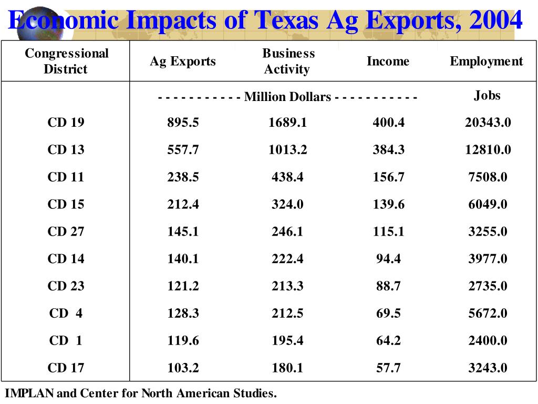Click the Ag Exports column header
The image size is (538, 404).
(182, 62)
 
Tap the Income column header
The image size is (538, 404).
(388, 62)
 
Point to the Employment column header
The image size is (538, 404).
(486, 62)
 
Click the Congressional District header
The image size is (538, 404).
(66, 62)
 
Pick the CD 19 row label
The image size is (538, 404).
(66, 123)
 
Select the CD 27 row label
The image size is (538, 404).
(66, 231)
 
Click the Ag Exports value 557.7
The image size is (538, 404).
(183, 150)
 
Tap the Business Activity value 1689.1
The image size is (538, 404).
(287, 123)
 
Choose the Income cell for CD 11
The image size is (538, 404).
(388, 177)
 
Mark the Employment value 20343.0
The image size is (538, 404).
(488, 123)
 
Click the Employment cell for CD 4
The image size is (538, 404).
(488, 314)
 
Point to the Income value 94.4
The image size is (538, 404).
(388, 259)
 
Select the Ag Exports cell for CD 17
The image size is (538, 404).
(183, 368)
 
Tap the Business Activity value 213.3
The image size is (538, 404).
(287, 286)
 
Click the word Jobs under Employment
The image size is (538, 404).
(487, 96)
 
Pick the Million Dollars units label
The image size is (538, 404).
(287, 97)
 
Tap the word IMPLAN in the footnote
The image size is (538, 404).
(29, 393)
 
